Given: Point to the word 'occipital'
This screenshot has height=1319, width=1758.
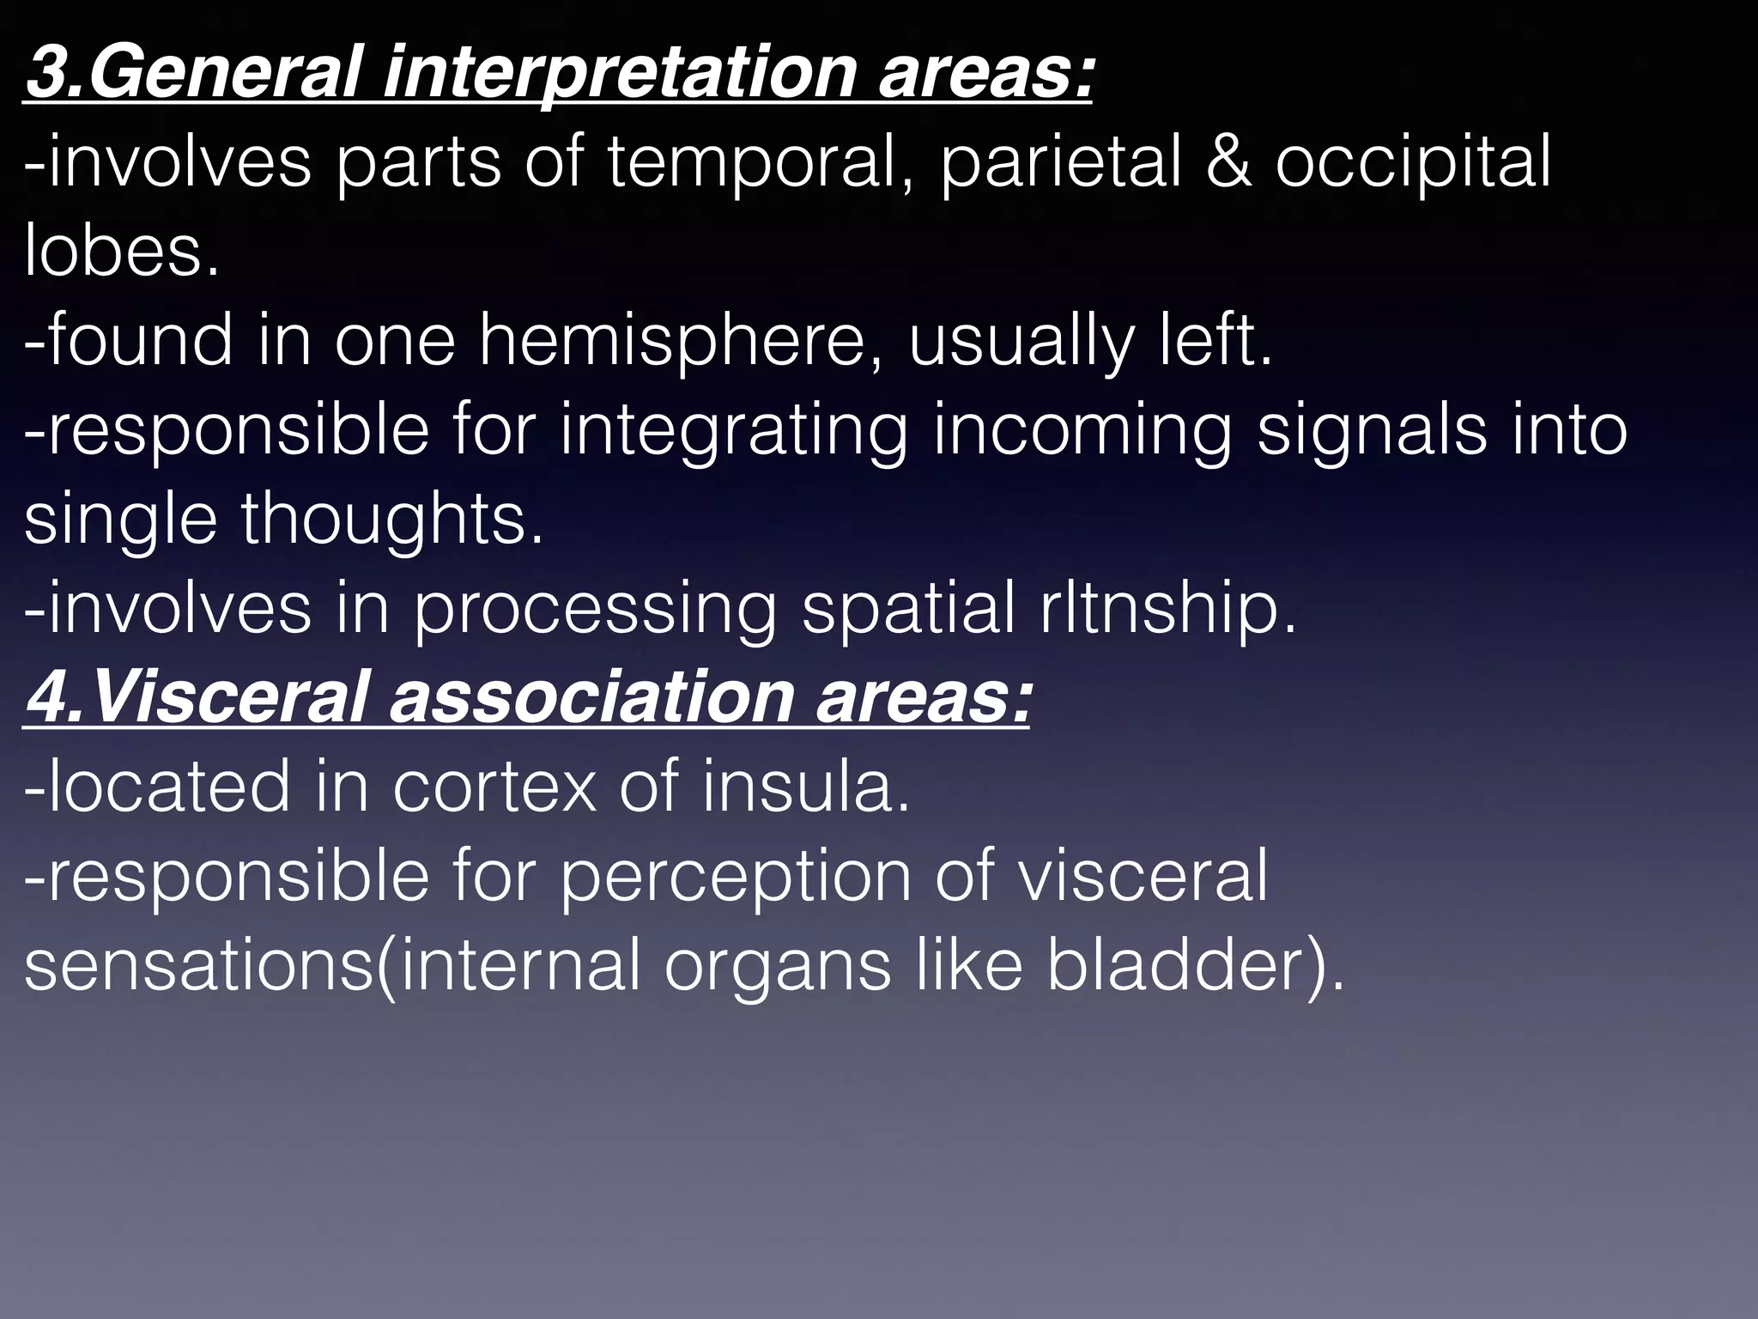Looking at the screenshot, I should coord(1413,162).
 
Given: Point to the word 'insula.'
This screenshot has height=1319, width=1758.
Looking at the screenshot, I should coord(805,787).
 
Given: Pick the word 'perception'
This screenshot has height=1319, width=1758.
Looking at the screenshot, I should coord(735,877).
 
